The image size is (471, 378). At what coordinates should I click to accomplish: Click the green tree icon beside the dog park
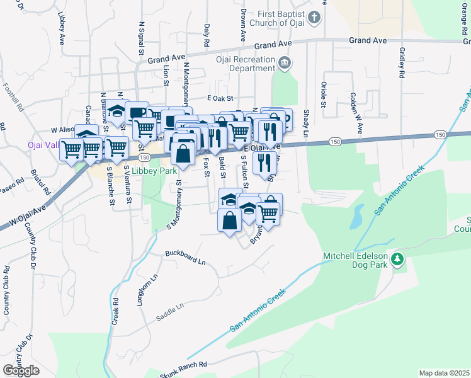tap(397, 259)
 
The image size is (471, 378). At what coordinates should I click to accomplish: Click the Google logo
tap(21, 370)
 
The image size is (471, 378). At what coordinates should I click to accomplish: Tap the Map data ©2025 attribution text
tap(444, 373)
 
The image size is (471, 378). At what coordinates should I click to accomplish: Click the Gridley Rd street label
tap(400, 63)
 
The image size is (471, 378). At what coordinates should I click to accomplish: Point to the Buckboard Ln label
tap(186, 257)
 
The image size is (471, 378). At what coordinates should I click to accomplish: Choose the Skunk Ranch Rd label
tap(183, 366)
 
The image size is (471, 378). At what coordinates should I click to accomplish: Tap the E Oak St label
tap(220, 98)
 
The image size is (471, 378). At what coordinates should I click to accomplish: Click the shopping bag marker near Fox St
tap(183, 152)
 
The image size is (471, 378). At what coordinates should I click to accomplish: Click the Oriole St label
tap(322, 94)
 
